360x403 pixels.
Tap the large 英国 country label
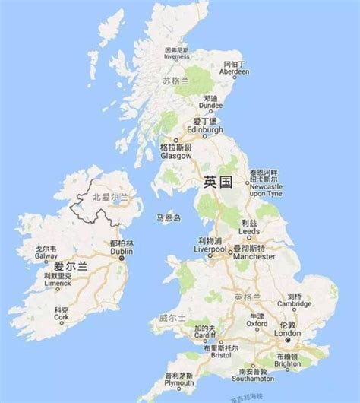[217, 182]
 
